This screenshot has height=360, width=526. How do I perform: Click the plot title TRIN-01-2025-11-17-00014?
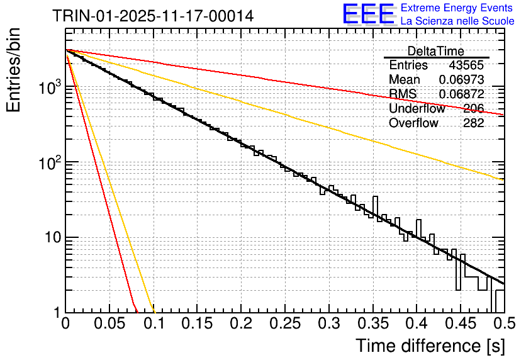click(x=153, y=16)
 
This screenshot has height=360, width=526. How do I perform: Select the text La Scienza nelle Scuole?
click(x=457, y=21)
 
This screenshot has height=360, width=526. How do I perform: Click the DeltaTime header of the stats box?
click(x=435, y=51)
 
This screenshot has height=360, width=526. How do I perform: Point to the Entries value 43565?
click(x=466, y=65)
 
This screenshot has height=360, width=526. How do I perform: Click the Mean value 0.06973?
click(x=461, y=80)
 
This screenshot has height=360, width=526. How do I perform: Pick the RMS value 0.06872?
click(x=461, y=94)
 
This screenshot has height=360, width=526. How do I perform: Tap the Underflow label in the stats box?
click(x=417, y=108)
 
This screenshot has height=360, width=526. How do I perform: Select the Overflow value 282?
click(x=473, y=123)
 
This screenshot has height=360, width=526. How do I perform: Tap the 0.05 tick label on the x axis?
click(x=109, y=324)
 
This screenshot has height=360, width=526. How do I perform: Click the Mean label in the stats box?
click(x=405, y=80)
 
